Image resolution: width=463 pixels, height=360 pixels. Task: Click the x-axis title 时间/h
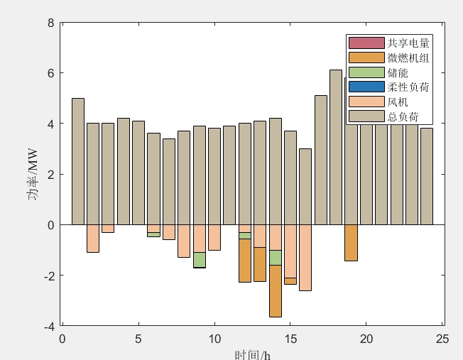point(252,354)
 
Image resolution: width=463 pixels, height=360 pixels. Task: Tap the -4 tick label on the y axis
point(48,326)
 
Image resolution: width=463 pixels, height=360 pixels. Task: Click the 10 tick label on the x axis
point(214,339)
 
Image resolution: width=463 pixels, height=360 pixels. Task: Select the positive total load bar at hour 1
point(78,161)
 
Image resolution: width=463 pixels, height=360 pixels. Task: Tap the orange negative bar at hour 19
point(351,243)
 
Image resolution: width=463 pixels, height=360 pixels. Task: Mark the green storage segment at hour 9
point(200,259)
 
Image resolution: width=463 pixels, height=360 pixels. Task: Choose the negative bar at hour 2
point(93,238)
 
